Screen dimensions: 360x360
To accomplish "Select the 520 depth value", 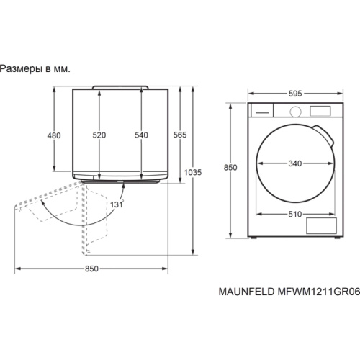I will point(99,135).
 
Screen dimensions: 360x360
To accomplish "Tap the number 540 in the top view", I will point(141,135).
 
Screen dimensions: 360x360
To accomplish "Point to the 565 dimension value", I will point(180,135).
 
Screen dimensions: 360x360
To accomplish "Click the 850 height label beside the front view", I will point(230,168).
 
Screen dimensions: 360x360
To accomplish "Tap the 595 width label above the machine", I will point(294,93).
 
